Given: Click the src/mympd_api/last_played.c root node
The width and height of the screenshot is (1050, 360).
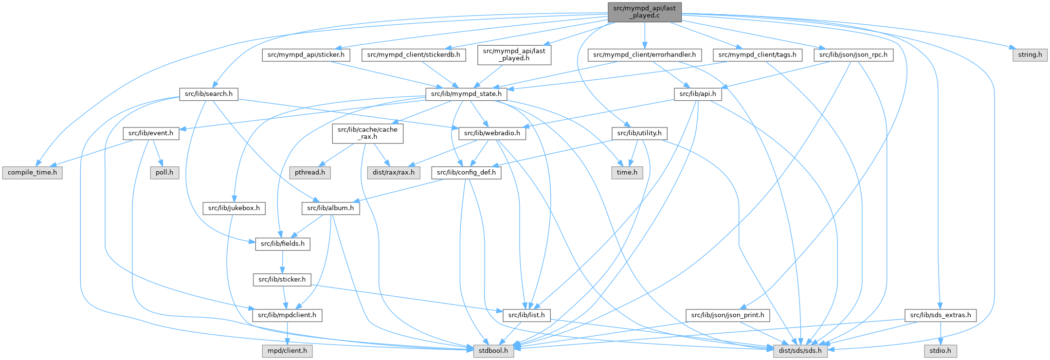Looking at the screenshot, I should click(644, 12).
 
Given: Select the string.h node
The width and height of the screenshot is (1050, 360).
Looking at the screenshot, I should click(1030, 55).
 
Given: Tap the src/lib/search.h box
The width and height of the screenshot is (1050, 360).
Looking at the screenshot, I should click(208, 94).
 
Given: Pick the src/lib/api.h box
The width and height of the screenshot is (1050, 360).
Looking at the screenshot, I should click(698, 94).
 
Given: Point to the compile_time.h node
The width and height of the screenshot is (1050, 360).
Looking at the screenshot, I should click(32, 173).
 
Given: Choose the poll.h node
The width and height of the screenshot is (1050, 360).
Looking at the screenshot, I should click(164, 173).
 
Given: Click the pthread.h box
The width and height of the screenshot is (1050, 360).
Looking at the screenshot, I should click(310, 173).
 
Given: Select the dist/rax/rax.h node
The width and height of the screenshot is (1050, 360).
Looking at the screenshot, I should click(393, 173).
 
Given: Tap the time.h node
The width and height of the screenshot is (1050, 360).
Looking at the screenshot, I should click(627, 173).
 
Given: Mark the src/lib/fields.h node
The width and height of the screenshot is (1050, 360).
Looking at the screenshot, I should click(282, 244).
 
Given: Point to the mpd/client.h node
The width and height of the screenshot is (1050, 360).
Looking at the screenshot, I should click(287, 351).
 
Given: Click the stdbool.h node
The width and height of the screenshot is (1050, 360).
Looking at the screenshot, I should click(493, 351).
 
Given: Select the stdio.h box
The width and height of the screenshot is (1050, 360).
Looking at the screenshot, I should click(941, 351).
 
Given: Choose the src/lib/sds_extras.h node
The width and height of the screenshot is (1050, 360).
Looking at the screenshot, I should click(941, 315).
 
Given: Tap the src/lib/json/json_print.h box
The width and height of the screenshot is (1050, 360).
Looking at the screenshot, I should click(727, 315).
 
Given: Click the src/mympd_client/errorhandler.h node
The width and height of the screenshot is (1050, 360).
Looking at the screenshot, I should click(644, 55).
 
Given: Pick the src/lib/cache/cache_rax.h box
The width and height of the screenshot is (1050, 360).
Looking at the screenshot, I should click(367, 133).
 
